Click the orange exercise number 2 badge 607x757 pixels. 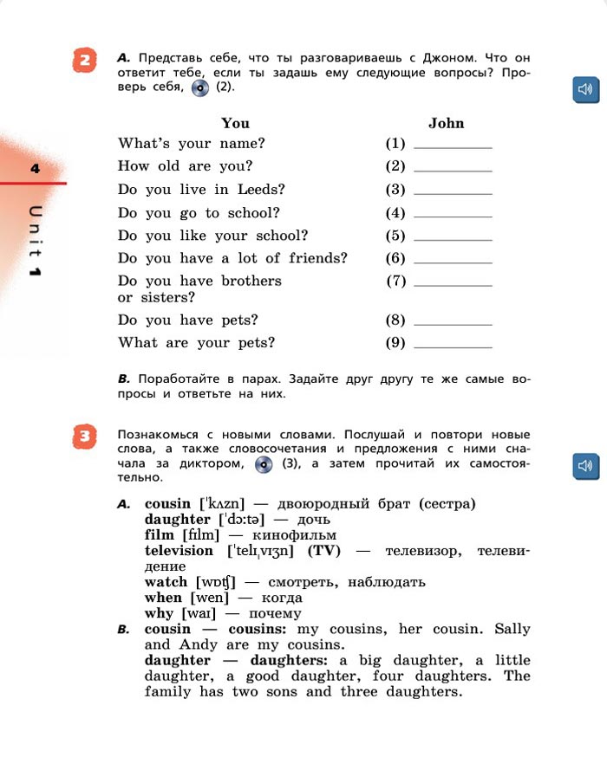tap(84, 62)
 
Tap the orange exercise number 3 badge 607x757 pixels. tap(84, 439)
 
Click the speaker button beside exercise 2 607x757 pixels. tap(586, 89)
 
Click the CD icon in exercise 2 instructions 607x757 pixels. tap(200, 87)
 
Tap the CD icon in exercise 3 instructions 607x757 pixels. tap(264, 465)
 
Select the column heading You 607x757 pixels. tap(235, 124)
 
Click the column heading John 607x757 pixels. tap(447, 124)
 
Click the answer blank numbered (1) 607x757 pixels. tap(453, 145)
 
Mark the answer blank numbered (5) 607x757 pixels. tap(453, 236)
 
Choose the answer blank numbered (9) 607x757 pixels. tap(453, 344)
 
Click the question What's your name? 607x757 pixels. tap(192, 144)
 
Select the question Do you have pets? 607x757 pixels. tap(188, 320)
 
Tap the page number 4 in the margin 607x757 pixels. tap(36, 169)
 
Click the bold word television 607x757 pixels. tap(179, 551)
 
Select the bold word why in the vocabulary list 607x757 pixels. tap(160, 614)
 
